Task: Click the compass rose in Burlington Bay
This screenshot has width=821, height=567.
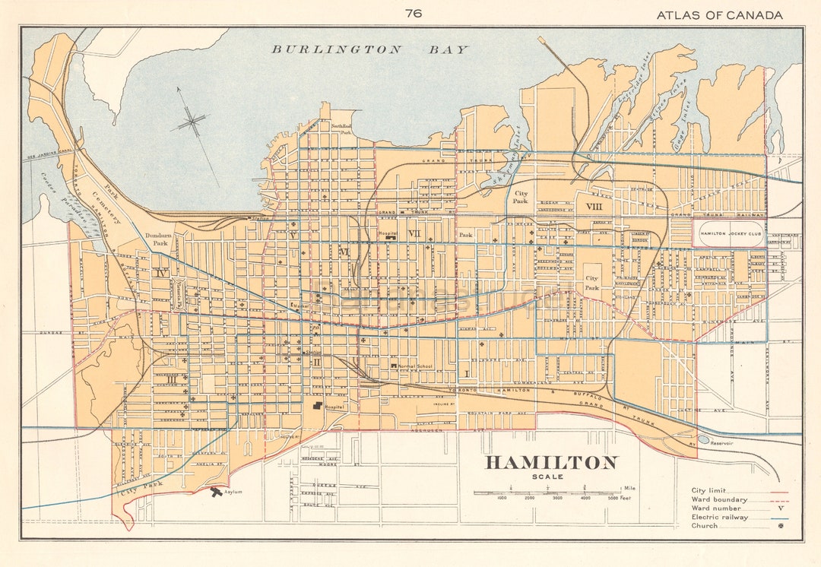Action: click(x=193, y=122)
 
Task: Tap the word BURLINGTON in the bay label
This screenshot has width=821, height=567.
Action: click(x=337, y=49)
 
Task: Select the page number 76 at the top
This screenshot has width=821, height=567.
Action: click(x=414, y=13)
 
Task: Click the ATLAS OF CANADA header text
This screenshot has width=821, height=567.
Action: click(x=719, y=14)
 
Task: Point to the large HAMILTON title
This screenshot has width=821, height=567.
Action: click(x=551, y=463)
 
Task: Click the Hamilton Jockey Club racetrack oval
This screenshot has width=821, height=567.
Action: click(x=728, y=233)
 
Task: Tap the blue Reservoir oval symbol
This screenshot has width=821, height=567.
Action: click(x=703, y=439)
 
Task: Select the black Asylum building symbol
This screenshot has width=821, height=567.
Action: click(x=217, y=492)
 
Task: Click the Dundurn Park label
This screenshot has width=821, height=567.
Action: click(x=160, y=239)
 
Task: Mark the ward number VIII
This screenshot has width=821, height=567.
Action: click(x=594, y=206)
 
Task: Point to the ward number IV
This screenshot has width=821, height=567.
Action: click(x=160, y=271)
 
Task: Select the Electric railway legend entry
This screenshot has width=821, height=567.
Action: click(x=719, y=517)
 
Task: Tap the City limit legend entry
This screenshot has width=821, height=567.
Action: click(x=708, y=490)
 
